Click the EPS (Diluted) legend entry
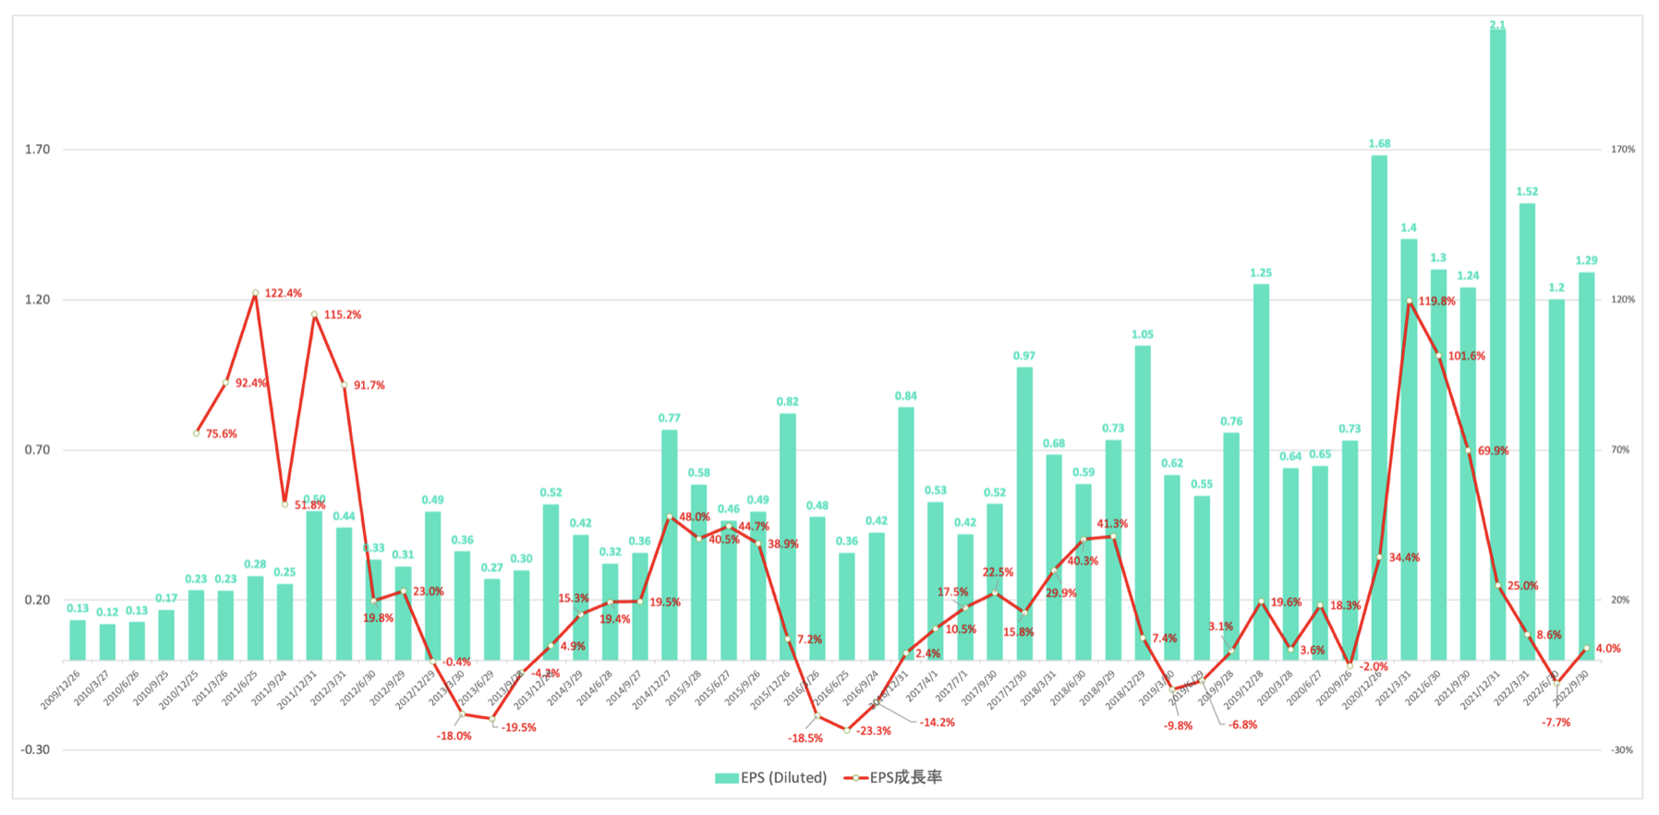point(771,778)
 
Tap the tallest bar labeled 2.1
point(1497,342)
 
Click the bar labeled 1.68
point(1379,407)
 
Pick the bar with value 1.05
point(1143,504)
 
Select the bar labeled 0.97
point(1024,513)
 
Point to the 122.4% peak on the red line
point(256,294)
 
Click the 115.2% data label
point(343,315)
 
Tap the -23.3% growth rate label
point(874,731)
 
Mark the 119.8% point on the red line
point(1410,301)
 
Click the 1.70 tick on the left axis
point(37,150)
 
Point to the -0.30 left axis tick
point(35,749)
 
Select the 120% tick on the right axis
point(1623,300)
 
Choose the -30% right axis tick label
point(1622,750)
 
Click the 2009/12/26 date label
point(61,689)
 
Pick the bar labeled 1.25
point(1261,471)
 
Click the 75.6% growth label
point(222,434)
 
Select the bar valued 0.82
point(788,536)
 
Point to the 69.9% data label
point(1494,451)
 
